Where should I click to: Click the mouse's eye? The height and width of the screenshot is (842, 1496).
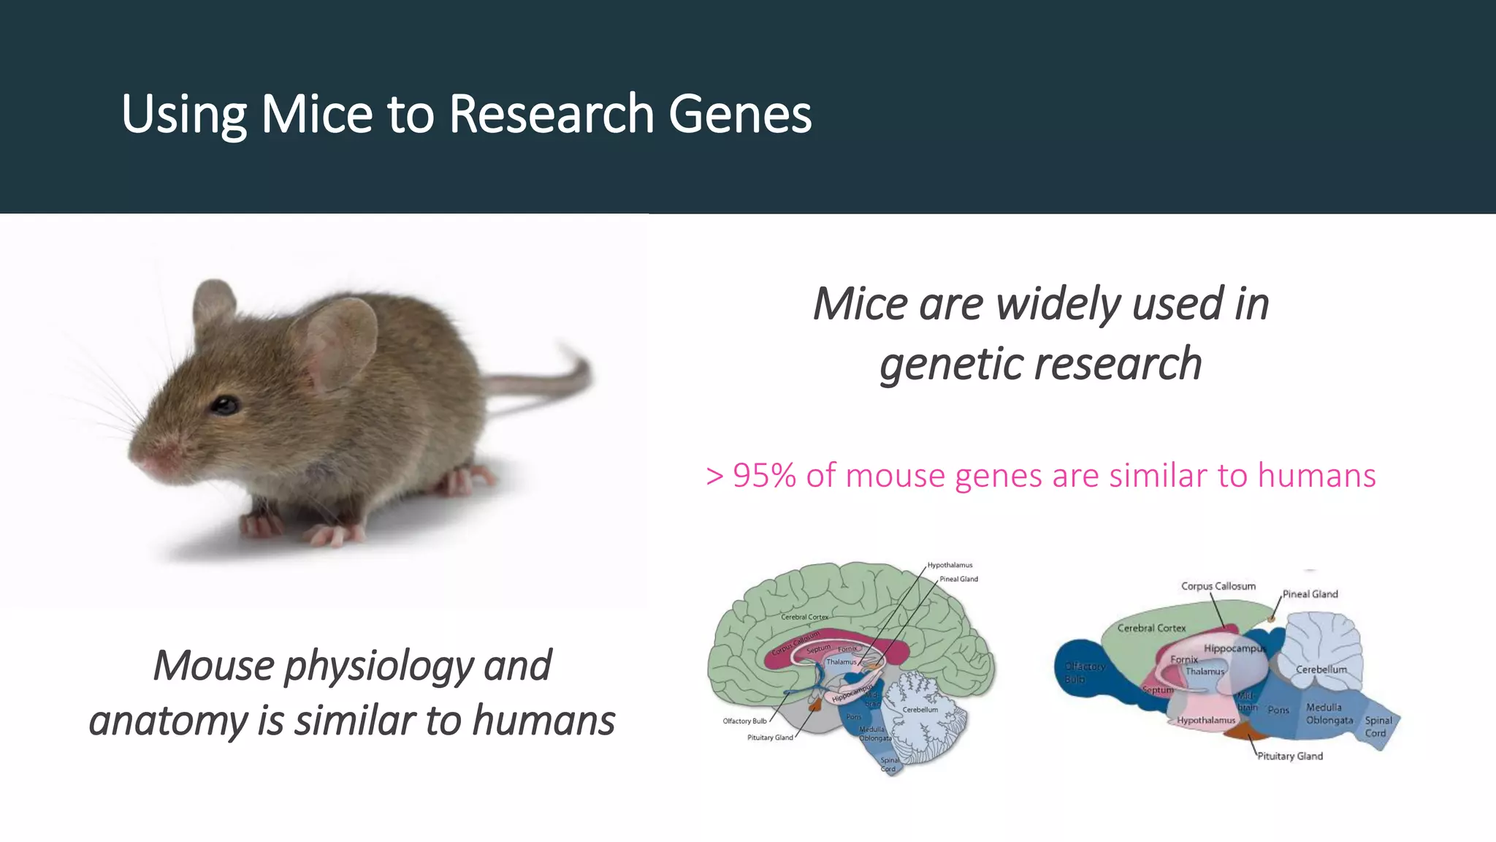[225, 404]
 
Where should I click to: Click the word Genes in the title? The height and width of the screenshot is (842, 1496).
[739, 114]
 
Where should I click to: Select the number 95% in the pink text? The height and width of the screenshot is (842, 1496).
[764, 476]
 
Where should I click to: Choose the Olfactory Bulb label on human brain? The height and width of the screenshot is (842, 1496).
[744, 721]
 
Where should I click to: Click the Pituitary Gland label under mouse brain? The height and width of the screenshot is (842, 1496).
[1289, 756]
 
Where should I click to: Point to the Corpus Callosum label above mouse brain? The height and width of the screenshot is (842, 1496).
[1218, 586]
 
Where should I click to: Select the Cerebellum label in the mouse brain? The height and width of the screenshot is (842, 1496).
[1321, 670]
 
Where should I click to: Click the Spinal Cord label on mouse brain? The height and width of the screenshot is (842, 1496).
[1378, 727]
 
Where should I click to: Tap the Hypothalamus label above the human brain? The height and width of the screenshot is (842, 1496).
[950, 565]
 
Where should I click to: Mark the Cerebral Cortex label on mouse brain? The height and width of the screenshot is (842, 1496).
[1151, 628]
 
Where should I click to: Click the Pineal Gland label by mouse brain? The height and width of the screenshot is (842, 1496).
[1310, 594]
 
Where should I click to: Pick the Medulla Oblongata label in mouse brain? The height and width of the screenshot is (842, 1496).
[1329, 714]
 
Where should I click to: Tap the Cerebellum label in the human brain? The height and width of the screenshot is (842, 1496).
[920, 710]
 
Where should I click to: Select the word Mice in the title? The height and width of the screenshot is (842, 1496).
[316, 114]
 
